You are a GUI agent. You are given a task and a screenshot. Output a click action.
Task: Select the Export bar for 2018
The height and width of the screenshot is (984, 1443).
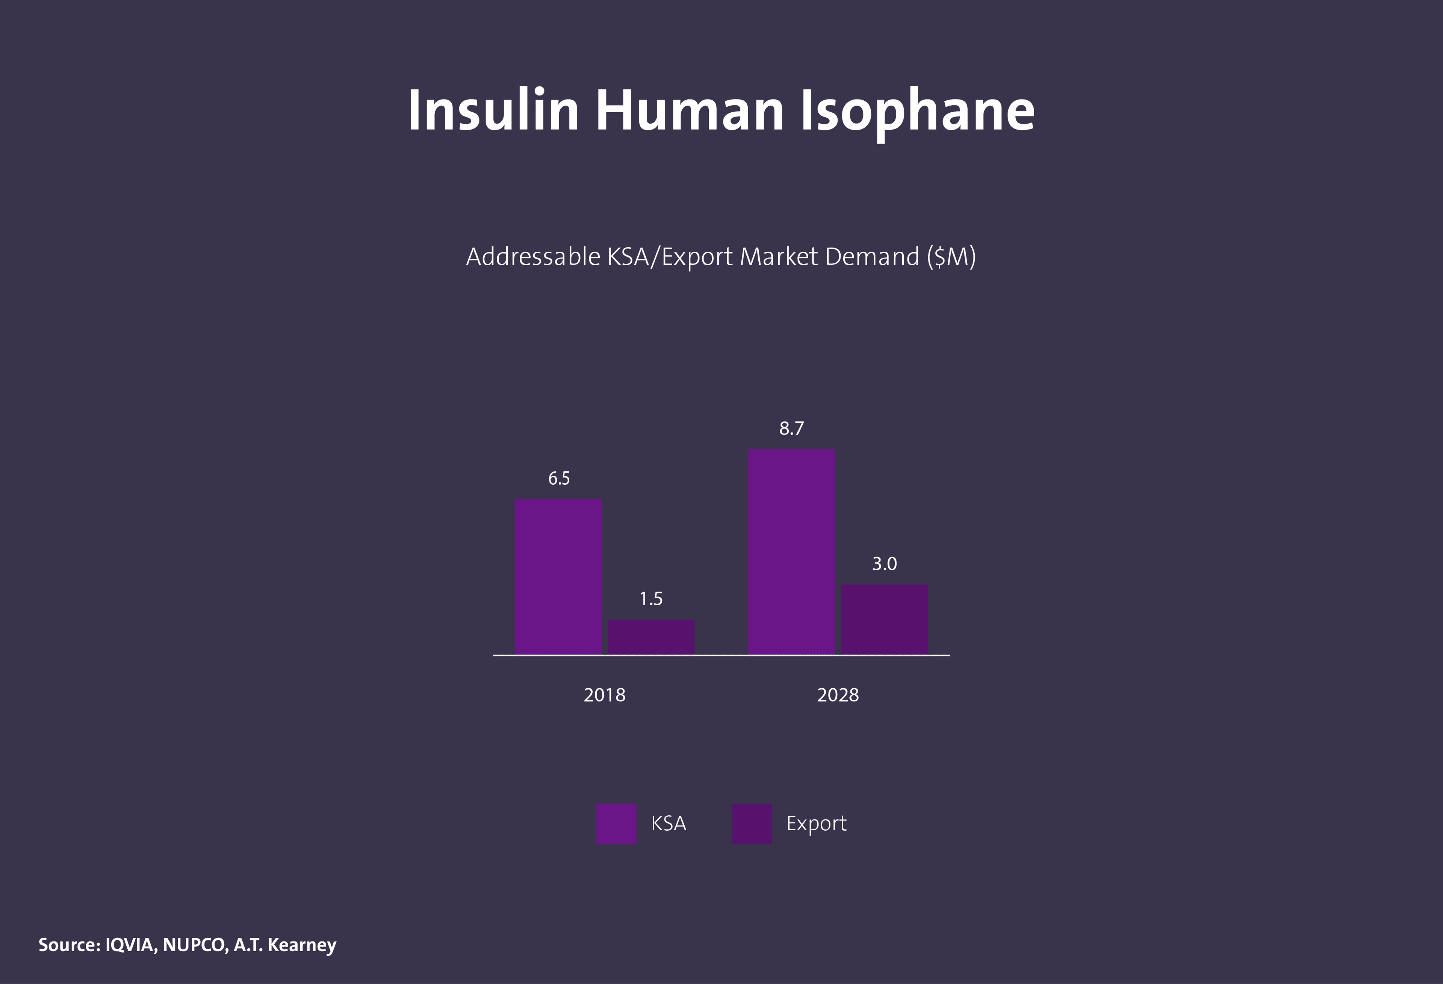point(651,636)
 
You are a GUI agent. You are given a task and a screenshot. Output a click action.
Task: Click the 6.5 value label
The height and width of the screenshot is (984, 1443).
point(559,479)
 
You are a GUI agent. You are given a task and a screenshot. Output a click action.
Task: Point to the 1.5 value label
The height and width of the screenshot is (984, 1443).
point(651,599)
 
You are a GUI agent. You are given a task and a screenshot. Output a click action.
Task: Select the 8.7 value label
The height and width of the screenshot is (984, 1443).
point(792,428)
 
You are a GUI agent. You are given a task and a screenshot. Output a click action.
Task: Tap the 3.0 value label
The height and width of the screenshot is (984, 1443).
point(884,564)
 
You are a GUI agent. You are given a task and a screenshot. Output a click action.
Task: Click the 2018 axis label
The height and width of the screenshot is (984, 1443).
point(604,695)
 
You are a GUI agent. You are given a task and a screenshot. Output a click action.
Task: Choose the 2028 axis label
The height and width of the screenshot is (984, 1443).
point(838,695)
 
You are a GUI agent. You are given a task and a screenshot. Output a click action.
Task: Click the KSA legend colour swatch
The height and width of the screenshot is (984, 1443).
point(616,824)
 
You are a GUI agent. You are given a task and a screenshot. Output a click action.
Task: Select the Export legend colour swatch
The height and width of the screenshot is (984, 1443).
point(751,824)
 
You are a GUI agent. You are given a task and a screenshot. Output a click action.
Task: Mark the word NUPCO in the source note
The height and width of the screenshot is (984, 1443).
point(194,945)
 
